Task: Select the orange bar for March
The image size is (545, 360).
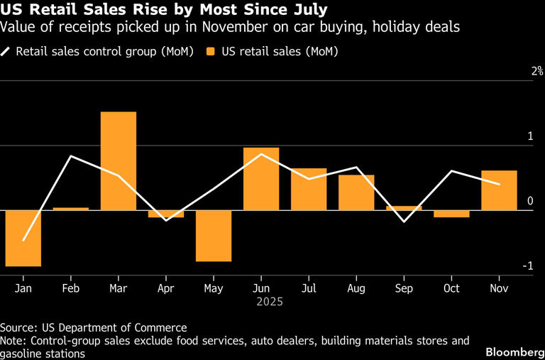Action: pos(119,160)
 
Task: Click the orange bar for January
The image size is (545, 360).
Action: pos(23,238)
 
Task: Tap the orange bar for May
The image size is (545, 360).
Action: pos(214,236)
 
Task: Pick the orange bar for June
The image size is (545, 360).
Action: pos(261,178)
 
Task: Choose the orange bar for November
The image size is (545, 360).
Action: pos(499,190)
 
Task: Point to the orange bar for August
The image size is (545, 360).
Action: pos(356,192)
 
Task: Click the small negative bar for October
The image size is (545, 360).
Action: pos(451,214)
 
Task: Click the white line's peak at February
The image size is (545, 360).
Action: pos(71,156)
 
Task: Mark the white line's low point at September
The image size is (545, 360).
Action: pos(404,222)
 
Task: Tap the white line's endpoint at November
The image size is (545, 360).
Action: pos(499,185)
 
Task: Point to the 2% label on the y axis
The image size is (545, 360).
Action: pos(534,71)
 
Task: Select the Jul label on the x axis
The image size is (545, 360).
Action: pos(309,288)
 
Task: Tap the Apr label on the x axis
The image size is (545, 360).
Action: pos(166,288)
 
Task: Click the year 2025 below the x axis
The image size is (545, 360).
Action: pos(270,302)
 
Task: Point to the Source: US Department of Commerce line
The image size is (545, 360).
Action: pos(94,327)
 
